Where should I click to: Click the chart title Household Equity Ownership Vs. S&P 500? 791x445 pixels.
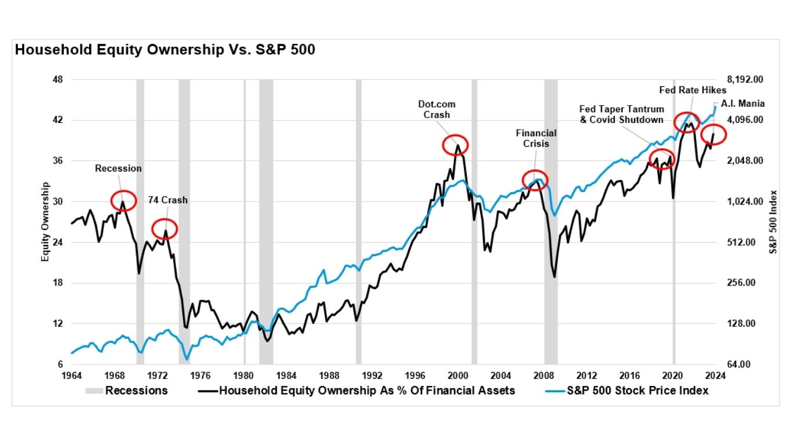coord(165,50)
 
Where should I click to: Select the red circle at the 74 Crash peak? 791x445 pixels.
coord(164,229)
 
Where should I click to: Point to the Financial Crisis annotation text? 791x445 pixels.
coord(536,138)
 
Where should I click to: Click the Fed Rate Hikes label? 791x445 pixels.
coord(693,90)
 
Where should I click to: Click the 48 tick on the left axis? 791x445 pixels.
coord(58,79)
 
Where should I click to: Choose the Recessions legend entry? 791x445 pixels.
coord(127,391)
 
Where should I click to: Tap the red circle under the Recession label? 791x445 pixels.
coord(123,200)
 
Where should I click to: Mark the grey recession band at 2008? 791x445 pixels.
coord(551,220)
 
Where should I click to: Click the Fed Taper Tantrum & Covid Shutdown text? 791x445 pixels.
coord(621,114)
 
